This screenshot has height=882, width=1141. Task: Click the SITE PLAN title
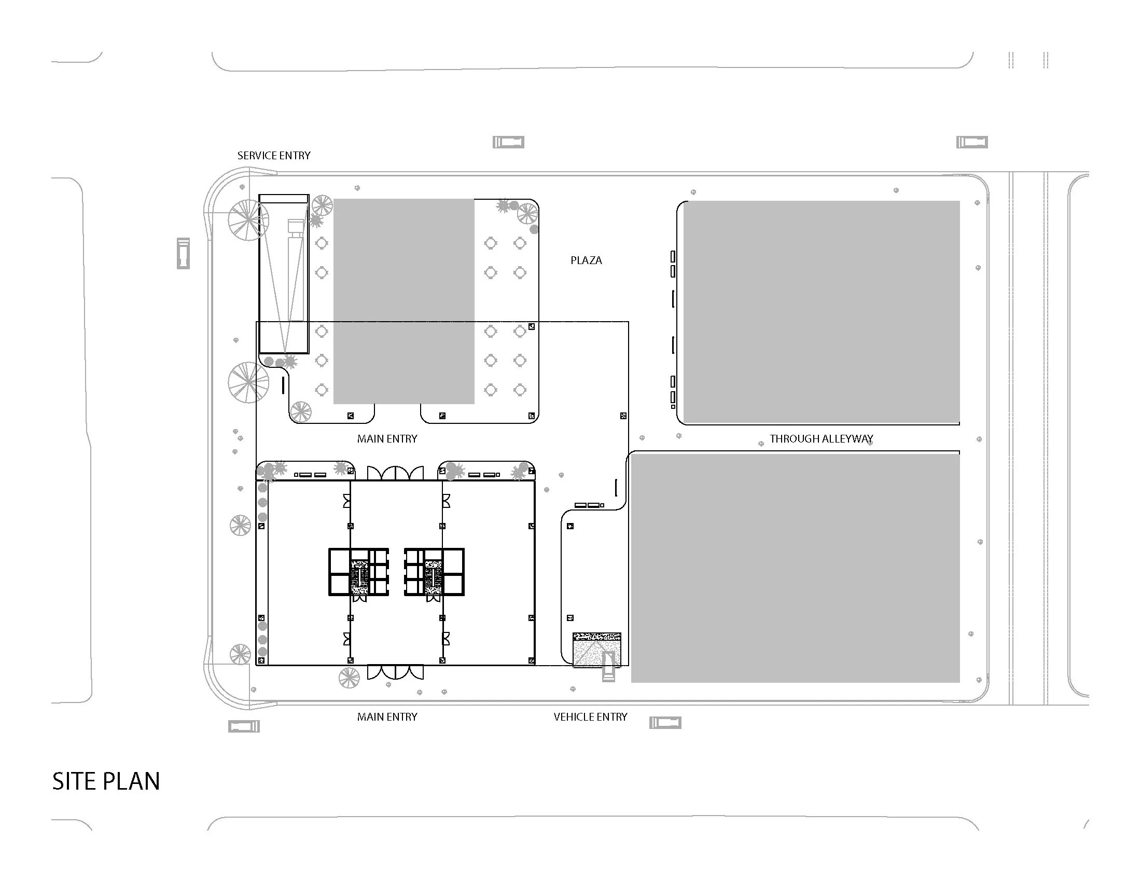(x=106, y=782)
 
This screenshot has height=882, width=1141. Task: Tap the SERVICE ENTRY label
(x=274, y=156)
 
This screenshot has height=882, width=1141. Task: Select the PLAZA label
(x=586, y=260)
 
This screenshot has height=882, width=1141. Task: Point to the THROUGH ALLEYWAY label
(x=822, y=439)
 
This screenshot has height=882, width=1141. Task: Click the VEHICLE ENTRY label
(x=590, y=717)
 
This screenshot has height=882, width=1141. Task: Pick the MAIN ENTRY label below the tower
(x=387, y=717)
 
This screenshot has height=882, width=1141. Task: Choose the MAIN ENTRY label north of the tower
(x=387, y=439)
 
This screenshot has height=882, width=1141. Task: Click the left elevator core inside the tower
(x=358, y=572)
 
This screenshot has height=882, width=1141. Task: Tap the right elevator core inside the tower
(x=434, y=572)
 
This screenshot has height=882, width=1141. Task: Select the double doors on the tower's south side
(x=395, y=672)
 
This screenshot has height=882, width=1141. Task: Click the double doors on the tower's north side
(x=395, y=473)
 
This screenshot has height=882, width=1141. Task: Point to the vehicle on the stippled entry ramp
(x=608, y=667)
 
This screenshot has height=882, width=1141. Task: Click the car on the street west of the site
(x=183, y=253)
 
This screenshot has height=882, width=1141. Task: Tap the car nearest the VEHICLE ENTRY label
(x=665, y=723)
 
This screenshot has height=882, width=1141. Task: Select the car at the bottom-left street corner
(x=243, y=726)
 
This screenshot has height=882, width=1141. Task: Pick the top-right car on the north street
(x=972, y=142)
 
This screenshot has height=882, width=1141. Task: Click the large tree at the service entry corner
(x=248, y=220)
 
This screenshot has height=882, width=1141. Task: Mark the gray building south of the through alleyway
(x=795, y=568)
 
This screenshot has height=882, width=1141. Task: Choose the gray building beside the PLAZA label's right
(x=822, y=312)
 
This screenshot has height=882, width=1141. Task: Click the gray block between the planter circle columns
(x=404, y=301)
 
